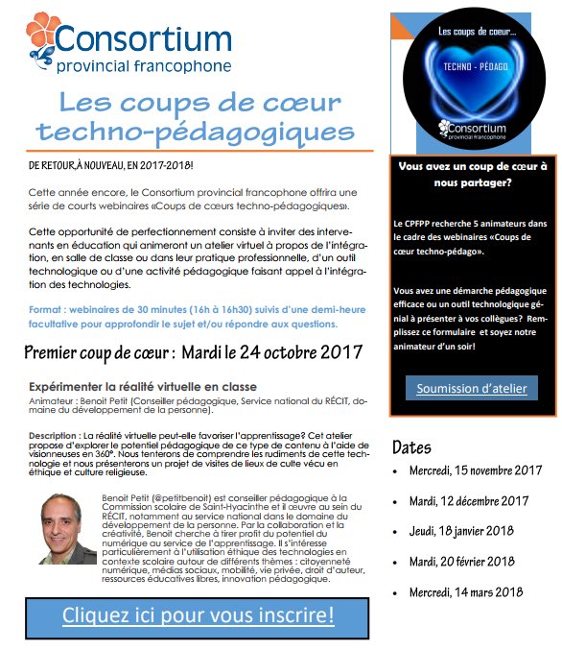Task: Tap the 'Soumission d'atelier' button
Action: pyautogui.click(x=471, y=388)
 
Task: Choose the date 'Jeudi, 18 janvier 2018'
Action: pyautogui.click(x=459, y=531)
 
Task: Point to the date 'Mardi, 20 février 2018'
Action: pyautogui.click(x=460, y=562)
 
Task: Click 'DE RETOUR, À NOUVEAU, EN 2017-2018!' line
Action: pyautogui.click(x=111, y=165)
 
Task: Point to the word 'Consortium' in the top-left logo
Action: pyautogui.click(x=144, y=39)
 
